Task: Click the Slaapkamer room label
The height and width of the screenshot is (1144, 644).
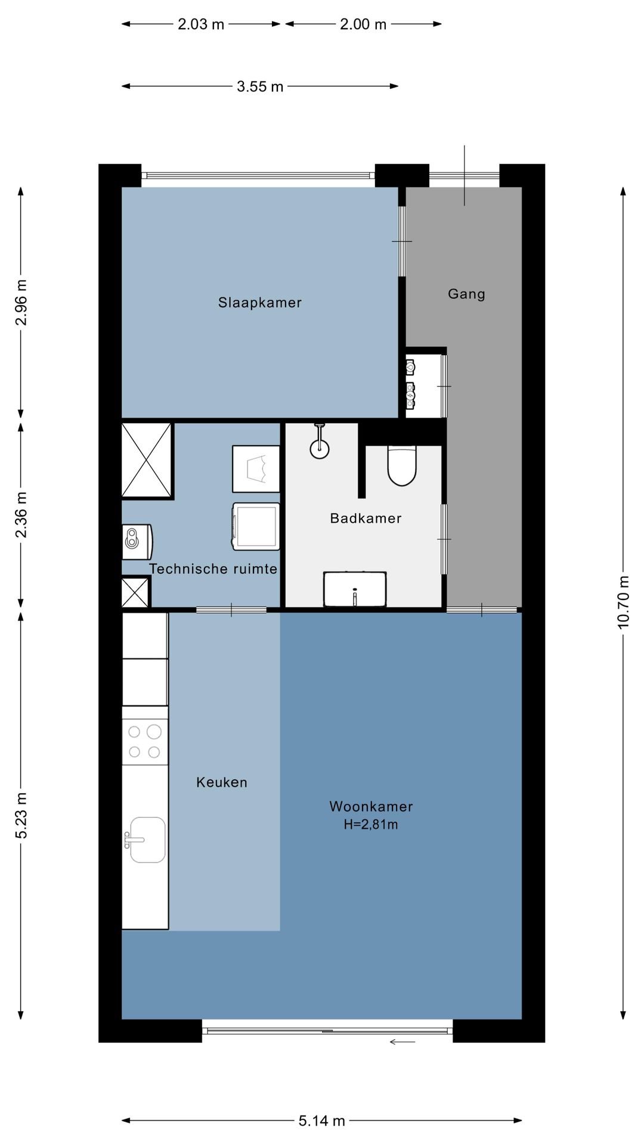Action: pos(260,303)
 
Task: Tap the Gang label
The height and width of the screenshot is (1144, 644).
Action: pos(466,294)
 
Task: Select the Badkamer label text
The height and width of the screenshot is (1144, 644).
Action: pos(366,518)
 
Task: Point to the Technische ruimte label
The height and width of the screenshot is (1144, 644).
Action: pos(213,569)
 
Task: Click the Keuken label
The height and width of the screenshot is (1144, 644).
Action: pos(222,782)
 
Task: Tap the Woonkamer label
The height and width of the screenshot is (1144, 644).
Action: pos(371,807)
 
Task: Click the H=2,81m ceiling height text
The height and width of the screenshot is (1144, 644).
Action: pos(371,825)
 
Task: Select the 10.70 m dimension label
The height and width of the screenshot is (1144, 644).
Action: pos(623,602)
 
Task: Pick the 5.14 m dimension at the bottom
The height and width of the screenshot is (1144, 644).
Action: pos(322,1121)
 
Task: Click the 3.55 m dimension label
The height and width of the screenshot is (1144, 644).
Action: pos(260,86)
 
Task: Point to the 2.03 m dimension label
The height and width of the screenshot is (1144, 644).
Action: pos(201,24)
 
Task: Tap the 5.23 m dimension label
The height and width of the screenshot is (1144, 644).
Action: pos(21,816)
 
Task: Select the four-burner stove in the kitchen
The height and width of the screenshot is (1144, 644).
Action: pos(145,742)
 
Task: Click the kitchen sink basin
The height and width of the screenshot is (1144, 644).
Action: pos(147,840)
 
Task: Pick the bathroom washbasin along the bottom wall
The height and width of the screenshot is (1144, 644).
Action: pos(355,589)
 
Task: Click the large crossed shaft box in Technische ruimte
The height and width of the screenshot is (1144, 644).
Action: pos(147,460)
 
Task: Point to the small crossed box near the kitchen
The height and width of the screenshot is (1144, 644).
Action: pos(135,593)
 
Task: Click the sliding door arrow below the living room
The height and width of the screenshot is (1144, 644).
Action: pos(402,1042)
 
